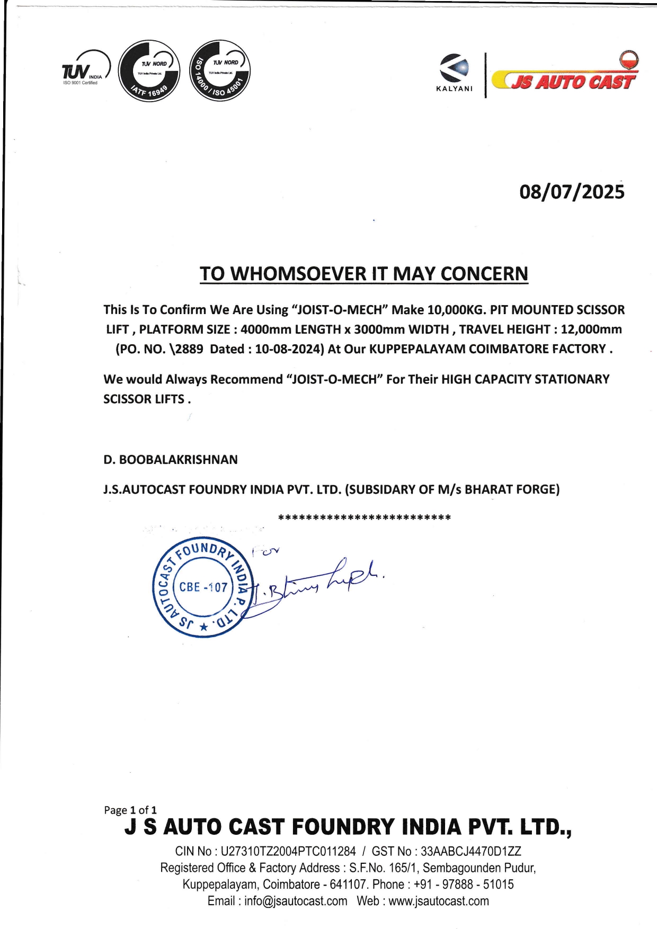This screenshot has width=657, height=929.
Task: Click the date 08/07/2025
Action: point(572,192)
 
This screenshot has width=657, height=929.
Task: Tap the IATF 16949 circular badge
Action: point(149,71)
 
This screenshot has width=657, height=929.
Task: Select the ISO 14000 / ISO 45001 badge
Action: point(219,70)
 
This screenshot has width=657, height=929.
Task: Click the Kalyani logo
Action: point(454,73)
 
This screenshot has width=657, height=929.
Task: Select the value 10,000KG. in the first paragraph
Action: point(457,310)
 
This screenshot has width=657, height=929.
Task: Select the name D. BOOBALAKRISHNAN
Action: point(171,459)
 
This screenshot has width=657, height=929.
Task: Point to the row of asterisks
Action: point(365,517)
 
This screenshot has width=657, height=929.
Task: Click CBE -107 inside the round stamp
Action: point(203,587)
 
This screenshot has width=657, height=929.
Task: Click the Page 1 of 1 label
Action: point(130,810)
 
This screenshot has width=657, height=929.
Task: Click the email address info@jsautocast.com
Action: point(296,901)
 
